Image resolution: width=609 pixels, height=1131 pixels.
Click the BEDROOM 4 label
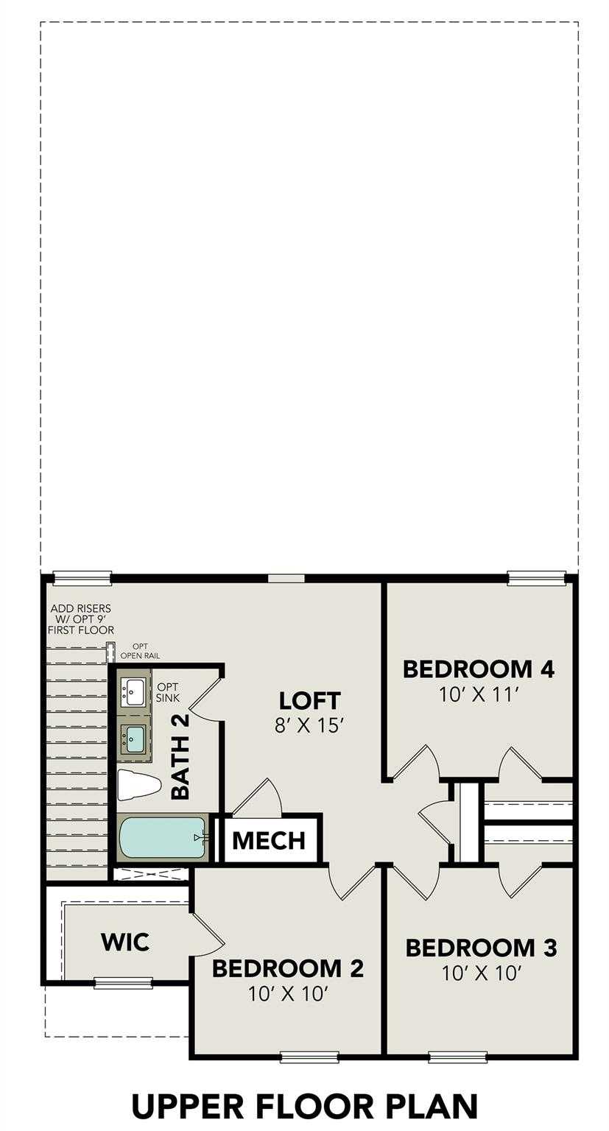(478, 669)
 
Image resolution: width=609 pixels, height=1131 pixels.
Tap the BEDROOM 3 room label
(481, 948)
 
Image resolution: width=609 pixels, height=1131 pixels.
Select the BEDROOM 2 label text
(287, 968)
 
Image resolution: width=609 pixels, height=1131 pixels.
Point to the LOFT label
(309, 699)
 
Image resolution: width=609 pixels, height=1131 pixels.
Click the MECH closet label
(270, 840)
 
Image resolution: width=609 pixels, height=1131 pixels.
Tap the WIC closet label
(124, 941)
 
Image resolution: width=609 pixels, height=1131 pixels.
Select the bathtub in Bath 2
(161, 837)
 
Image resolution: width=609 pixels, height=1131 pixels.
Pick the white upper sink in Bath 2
(135, 692)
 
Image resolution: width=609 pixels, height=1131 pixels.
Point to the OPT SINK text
(167, 692)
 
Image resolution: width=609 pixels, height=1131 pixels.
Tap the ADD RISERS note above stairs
(81, 619)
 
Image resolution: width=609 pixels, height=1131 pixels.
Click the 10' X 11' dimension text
(479, 694)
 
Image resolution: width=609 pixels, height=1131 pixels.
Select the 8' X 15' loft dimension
(309, 725)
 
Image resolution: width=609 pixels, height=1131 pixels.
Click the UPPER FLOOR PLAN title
(304, 1106)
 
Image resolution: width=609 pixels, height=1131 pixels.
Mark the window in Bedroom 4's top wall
(536, 579)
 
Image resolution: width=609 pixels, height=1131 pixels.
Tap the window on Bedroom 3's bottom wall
(457, 1058)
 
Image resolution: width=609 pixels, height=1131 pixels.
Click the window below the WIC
(123, 982)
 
